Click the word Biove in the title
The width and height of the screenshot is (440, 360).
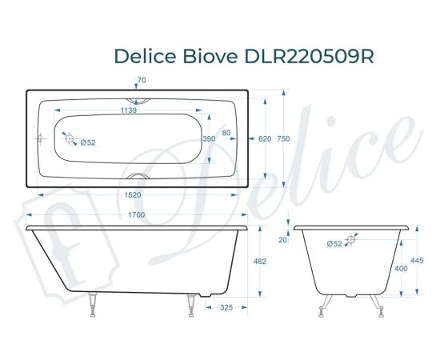(x=208, y=57)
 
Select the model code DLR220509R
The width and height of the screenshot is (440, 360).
(x=307, y=57)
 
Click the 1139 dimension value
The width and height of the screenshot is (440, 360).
(x=128, y=110)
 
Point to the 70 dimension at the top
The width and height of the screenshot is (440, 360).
(x=142, y=80)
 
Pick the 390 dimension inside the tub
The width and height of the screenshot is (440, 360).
(x=208, y=138)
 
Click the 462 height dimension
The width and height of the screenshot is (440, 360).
(x=259, y=262)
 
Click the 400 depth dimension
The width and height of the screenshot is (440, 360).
(x=401, y=269)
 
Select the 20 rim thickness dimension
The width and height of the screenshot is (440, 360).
(x=282, y=239)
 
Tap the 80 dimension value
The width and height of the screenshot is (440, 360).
(x=226, y=134)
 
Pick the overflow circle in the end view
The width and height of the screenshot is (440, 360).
(x=353, y=238)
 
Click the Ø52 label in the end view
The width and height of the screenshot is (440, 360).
(x=334, y=243)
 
